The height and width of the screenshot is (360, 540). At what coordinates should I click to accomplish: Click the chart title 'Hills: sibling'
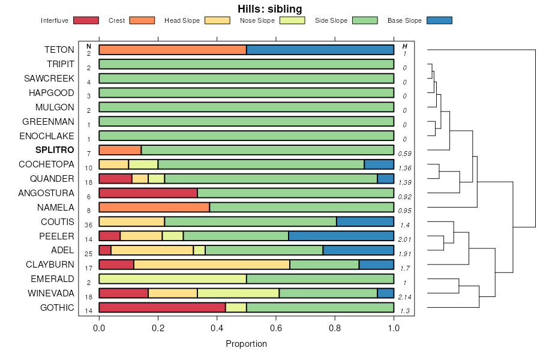[269, 8]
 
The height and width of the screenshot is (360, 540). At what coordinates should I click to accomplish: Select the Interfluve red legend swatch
[85, 20]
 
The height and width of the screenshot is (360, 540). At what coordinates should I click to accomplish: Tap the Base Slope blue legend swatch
[439, 20]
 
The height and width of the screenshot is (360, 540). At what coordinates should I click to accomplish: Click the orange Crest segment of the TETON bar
[173, 50]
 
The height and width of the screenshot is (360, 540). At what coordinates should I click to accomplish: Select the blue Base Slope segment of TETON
[320, 50]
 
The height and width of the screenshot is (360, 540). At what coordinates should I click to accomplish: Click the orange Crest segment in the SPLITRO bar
[120, 150]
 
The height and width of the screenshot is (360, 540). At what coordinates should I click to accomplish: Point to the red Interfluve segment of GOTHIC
[162, 307]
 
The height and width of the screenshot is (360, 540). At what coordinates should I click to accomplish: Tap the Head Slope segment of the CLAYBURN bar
[212, 265]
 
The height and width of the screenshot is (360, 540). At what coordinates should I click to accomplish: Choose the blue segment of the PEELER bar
[341, 236]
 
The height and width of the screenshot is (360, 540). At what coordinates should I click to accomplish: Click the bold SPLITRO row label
[55, 150]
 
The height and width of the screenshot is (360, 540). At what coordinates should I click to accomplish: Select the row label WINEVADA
[51, 293]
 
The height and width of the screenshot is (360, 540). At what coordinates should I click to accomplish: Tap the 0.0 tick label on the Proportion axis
[99, 329]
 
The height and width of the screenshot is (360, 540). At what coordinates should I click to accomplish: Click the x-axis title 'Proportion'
[246, 344]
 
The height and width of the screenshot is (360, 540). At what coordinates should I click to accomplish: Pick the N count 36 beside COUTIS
[89, 225]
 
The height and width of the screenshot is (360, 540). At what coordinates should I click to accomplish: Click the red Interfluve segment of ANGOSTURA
[148, 193]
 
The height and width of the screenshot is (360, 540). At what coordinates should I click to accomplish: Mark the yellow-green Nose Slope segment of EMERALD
[173, 279]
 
